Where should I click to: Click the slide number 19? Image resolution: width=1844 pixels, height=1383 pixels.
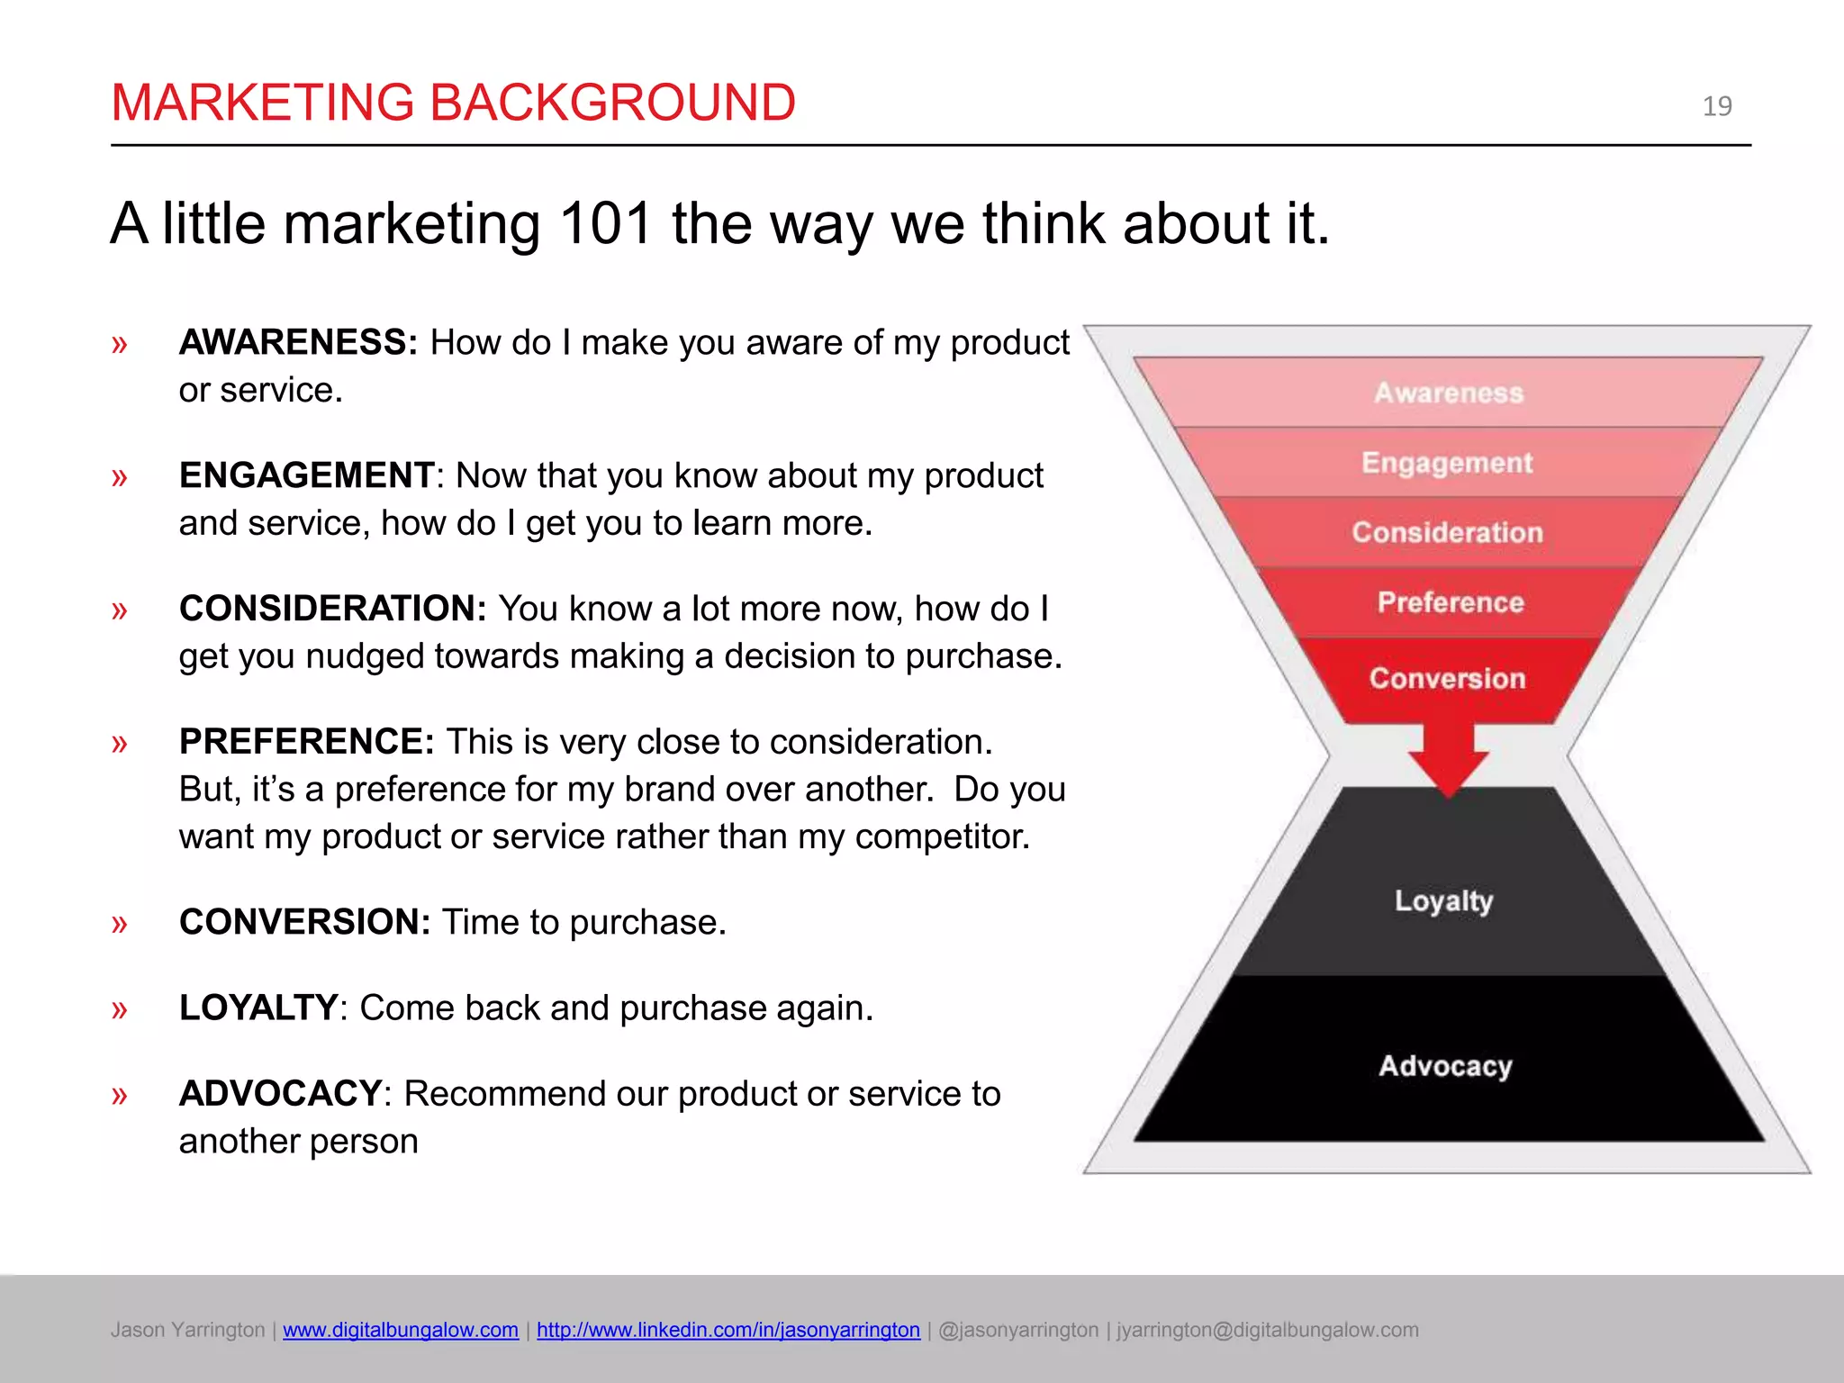[x=1716, y=106]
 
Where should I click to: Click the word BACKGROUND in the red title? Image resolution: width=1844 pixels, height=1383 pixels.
[x=612, y=103]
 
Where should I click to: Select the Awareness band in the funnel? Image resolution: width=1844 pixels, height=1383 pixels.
[x=1448, y=393]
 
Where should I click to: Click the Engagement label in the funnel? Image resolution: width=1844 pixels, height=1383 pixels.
[x=1446, y=463]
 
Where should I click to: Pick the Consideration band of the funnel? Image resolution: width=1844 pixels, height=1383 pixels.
[x=1447, y=532]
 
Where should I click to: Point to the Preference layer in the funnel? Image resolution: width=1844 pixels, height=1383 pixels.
[x=1450, y=602]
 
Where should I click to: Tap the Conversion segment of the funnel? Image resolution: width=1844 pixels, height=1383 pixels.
[x=1447, y=678]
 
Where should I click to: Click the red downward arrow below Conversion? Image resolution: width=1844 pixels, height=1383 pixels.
[x=1448, y=761]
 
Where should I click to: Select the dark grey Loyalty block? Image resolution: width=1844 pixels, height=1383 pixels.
[x=1444, y=900]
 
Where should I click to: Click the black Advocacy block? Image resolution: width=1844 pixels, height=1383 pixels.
[x=1445, y=1066]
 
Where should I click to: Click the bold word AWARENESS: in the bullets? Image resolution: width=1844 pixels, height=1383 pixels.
[x=298, y=343]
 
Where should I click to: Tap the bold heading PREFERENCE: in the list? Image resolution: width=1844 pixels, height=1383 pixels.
[x=306, y=742]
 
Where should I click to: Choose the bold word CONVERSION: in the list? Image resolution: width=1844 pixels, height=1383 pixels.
[x=304, y=922]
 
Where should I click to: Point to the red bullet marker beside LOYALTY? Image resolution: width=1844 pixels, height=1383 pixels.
[x=120, y=1009]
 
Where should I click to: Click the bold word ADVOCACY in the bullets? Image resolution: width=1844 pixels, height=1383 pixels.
[x=280, y=1094]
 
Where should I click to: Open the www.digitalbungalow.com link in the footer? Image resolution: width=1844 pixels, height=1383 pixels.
[x=400, y=1330]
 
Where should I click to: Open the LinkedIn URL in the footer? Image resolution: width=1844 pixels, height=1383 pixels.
[x=728, y=1330]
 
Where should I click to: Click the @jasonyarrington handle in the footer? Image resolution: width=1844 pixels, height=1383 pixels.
[x=1018, y=1330]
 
